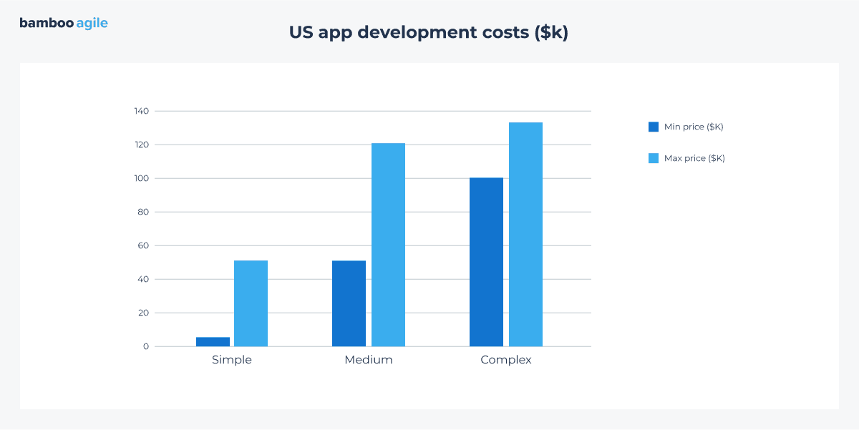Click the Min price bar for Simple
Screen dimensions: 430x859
pos(213,342)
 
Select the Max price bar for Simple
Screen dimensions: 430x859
pos(251,303)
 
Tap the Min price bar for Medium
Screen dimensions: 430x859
pos(349,303)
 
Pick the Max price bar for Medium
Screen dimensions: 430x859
pos(388,245)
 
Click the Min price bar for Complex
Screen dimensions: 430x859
pos(486,262)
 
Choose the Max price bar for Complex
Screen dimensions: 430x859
pos(525,235)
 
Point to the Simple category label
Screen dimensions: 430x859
pos(232,360)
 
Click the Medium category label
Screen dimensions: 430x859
pos(369,360)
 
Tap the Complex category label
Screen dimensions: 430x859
pos(506,360)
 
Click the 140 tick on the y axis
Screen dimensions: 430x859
pos(141,111)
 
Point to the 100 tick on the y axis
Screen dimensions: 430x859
pos(141,178)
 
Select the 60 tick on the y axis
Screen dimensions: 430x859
pos(143,245)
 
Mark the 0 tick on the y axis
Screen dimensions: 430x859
pos(146,346)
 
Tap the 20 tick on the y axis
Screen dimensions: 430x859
pos(143,313)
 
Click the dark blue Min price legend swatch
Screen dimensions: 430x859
pos(653,127)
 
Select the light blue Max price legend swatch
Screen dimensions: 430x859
pos(653,158)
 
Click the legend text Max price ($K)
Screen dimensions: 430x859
pos(694,158)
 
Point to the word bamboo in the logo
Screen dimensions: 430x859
pos(47,23)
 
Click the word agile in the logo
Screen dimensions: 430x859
pos(92,23)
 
